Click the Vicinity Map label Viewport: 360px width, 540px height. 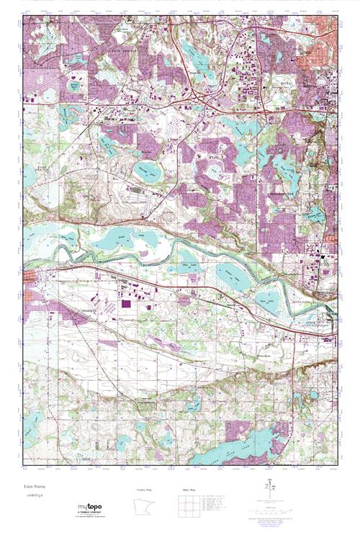[x=146, y=490]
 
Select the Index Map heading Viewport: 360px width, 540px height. [x=188, y=490]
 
